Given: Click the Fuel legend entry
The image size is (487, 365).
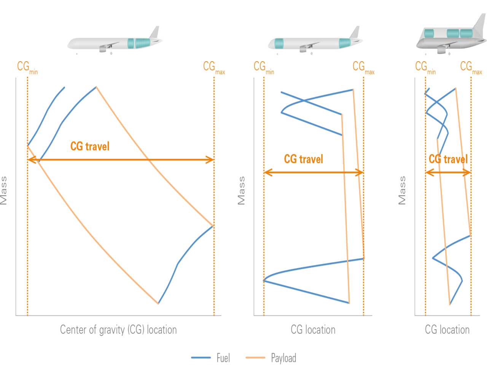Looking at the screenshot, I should click(x=223, y=358).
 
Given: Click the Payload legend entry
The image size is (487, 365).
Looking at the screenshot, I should click(x=283, y=358).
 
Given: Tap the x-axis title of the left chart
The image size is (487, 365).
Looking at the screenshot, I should click(x=118, y=329).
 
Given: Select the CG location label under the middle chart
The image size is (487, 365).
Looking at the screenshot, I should click(x=313, y=329).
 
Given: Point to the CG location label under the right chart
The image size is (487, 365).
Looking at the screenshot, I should click(x=447, y=329).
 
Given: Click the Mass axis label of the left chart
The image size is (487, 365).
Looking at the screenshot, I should click(x=4, y=190).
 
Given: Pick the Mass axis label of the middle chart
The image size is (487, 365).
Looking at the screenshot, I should click(x=241, y=190).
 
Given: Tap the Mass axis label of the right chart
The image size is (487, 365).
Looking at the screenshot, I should click(x=402, y=190).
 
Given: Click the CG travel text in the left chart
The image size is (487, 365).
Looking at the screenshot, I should click(x=90, y=146).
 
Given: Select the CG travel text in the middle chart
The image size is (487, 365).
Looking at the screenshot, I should click(x=303, y=159).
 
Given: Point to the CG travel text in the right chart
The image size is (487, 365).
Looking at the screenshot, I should click(x=448, y=159).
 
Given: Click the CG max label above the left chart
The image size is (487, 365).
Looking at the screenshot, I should click(x=214, y=67).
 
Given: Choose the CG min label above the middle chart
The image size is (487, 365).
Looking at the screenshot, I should click(x=264, y=67).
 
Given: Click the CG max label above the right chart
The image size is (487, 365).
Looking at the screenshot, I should click(x=471, y=67).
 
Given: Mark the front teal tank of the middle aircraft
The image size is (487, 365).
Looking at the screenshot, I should click(x=279, y=43).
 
